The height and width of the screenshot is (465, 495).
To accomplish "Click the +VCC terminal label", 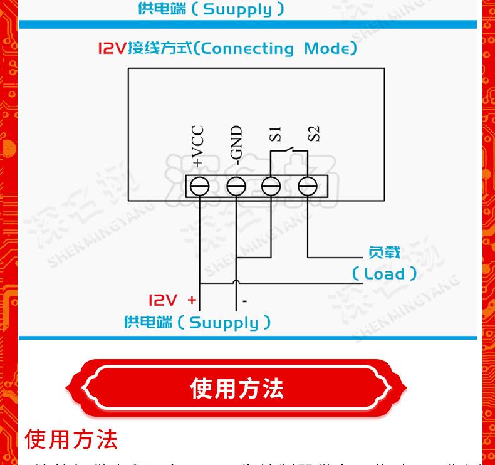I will click(197, 146).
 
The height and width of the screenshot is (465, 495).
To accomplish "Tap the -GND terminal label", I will click(236, 145).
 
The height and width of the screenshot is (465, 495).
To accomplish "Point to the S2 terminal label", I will click(313, 133).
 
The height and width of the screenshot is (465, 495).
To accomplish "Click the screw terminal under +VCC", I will click(199, 185).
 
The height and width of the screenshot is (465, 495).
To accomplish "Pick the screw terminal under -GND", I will click(236, 185).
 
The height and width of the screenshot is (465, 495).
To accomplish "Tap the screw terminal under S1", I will click(271, 185).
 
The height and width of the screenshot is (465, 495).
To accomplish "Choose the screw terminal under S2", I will click(307, 185).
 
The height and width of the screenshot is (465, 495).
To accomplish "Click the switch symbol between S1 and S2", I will click(290, 152).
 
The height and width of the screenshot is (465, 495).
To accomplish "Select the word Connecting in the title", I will click(248, 48).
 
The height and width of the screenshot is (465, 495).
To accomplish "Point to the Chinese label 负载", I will click(384, 253).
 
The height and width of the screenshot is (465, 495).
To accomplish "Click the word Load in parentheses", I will click(384, 274).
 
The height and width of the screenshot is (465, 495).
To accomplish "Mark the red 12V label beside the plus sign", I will click(162, 300).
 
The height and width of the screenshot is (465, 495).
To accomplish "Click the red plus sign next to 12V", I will click(192, 300).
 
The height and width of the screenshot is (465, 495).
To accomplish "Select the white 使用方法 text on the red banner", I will click(237, 389).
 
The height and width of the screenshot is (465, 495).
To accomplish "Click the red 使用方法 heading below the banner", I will click(71, 439).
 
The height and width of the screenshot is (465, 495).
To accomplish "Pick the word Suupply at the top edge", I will click(238, 9).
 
